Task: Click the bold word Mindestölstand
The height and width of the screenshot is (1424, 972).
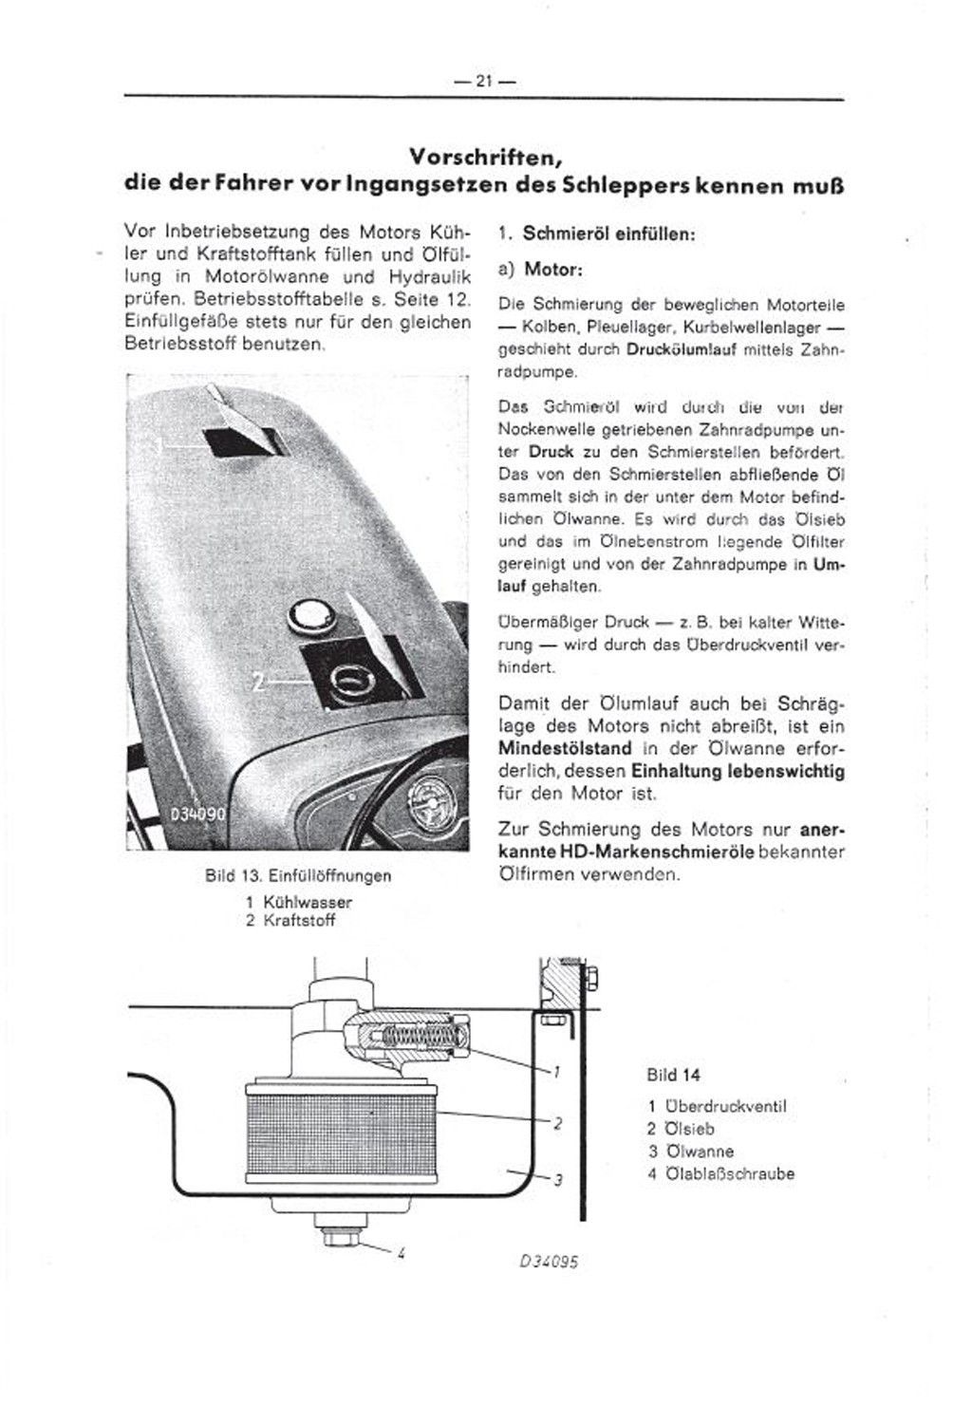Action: coord(560,748)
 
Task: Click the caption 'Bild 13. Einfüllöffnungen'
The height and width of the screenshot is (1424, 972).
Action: coord(298,874)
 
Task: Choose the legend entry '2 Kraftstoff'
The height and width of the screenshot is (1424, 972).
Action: coord(290,920)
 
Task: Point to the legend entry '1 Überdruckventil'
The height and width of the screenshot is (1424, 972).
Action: coord(718,1106)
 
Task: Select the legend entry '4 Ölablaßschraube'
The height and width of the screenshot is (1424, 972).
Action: coord(720,1173)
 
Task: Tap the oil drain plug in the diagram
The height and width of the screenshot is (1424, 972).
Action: coord(336,1235)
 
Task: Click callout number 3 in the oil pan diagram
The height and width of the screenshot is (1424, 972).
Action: coord(558,1180)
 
